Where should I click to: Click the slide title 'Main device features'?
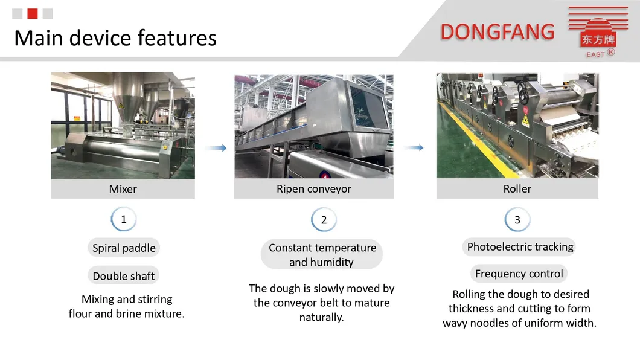click(x=115, y=38)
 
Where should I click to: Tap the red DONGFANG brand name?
click(x=498, y=32)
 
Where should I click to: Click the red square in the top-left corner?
click(x=33, y=14)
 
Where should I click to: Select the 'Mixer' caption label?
click(x=123, y=189)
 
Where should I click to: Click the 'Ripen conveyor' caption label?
click(x=314, y=188)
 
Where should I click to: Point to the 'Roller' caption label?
click(x=517, y=188)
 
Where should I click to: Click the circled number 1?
click(x=124, y=219)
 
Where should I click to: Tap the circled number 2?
click(x=324, y=220)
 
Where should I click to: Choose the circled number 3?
click(x=517, y=220)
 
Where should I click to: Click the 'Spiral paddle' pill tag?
click(x=124, y=248)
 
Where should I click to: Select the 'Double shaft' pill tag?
click(x=124, y=276)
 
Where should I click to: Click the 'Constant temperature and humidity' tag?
click(x=322, y=254)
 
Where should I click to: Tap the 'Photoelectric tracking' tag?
click(x=520, y=246)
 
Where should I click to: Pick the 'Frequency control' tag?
click(x=519, y=274)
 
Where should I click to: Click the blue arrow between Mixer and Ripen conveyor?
click(x=216, y=148)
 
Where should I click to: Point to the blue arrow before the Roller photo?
click(x=414, y=147)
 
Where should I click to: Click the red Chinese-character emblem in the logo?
click(x=598, y=40)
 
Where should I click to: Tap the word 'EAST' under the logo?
click(x=595, y=54)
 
